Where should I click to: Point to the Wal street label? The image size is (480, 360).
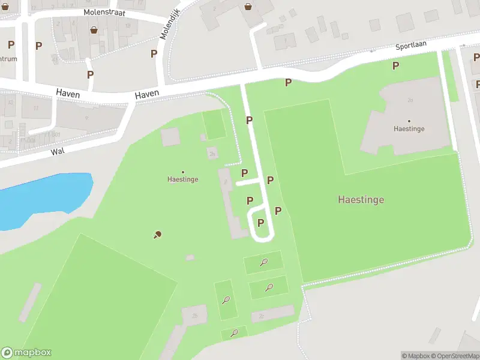[58, 151]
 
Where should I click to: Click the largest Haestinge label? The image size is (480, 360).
[361, 200]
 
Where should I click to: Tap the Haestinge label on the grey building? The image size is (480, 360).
[409, 128]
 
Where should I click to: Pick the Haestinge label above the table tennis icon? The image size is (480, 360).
[182, 179]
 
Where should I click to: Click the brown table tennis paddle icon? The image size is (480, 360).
[157, 235]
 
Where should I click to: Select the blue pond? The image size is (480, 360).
[42, 198]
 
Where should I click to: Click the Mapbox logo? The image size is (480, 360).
[26, 353]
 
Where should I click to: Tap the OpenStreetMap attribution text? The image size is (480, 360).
[454, 356]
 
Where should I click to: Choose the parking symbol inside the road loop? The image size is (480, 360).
[260, 223]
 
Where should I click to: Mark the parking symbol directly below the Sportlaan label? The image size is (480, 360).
[395, 65]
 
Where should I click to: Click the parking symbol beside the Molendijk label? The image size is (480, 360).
[154, 53]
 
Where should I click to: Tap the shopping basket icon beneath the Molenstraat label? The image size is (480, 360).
[94, 29]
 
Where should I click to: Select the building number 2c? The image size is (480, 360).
[262, 315]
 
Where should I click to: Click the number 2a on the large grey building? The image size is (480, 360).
[410, 100]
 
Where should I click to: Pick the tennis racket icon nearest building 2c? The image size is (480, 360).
[269, 287]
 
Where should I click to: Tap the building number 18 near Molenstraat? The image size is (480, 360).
[127, 27]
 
